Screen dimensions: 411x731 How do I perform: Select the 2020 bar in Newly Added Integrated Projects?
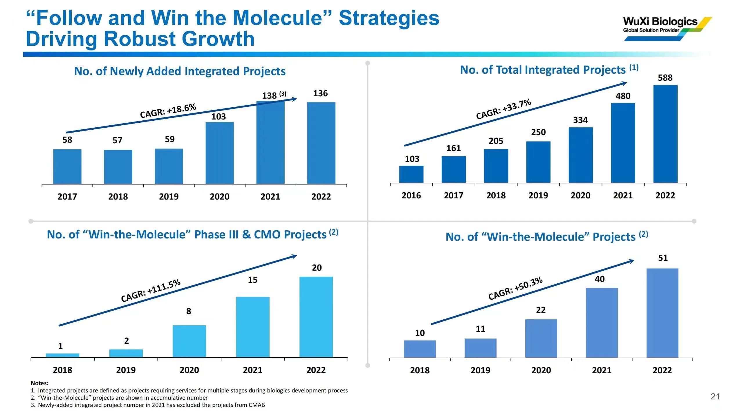220,153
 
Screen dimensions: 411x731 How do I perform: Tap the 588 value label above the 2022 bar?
665,78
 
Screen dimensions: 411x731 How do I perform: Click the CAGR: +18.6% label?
168,111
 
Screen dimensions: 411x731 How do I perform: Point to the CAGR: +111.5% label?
151,291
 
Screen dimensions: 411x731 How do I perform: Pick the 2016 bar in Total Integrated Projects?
411,174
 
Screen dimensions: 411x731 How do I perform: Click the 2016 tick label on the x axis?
411,195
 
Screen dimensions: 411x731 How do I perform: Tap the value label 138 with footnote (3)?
274,95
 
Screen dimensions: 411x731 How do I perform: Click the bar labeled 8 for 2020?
189,341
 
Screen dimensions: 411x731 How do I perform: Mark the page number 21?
715,396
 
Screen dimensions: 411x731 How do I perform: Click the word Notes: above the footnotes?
40,383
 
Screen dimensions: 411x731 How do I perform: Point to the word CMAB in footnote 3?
257,405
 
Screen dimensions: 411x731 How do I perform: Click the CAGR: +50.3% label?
515,288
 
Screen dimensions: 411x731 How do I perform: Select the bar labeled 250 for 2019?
538,162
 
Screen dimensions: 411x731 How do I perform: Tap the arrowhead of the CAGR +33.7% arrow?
624,84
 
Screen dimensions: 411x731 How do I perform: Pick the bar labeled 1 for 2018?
62,355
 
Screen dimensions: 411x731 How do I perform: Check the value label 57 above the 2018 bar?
118,140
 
